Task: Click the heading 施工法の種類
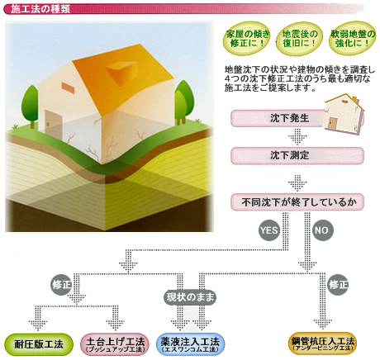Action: tap(40, 9)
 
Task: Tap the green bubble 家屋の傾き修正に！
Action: tap(246, 39)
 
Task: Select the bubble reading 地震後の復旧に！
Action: tap(299, 39)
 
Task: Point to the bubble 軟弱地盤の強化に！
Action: tap(353, 39)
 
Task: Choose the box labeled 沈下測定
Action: tap(297, 156)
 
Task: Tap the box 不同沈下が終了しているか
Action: tap(297, 202)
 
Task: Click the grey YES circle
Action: tap(269, 230)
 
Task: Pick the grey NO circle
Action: tap(322, 230)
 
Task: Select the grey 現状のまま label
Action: tap(190, 297)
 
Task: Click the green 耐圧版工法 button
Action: tap(39, 344)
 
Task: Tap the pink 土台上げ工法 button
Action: tap(115, 344)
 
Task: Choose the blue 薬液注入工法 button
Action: tap(191, 344)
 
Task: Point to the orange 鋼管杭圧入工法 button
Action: tap(323, 343)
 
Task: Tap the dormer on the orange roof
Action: tap(121, 72)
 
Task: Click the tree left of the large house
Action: tap(30, 106)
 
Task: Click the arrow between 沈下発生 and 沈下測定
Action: tap(297, 137)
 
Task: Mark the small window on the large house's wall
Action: tap(68, 87)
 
